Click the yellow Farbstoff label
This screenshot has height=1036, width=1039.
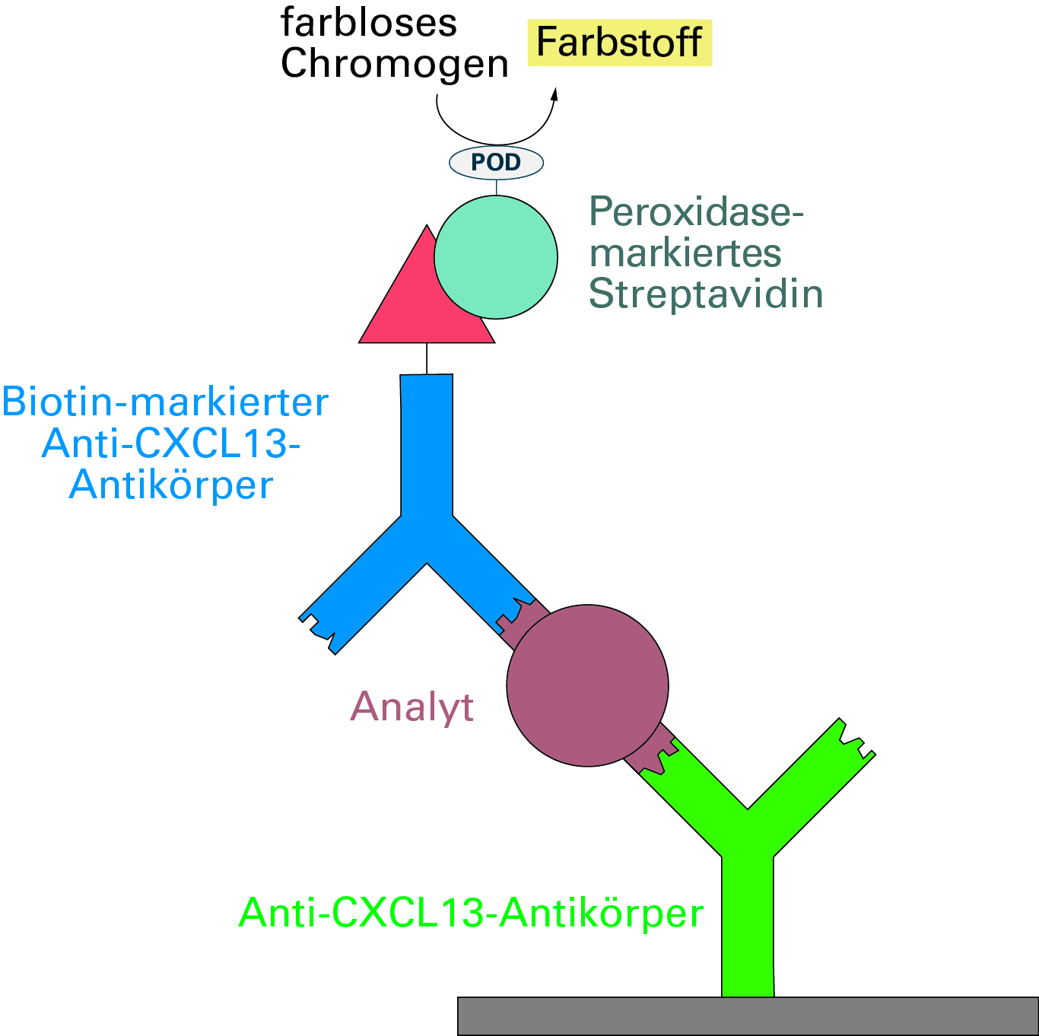pos(619,43)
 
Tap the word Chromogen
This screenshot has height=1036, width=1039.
pos(394,64)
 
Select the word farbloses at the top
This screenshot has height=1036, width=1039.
pos(368,23)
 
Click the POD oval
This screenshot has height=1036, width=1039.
pos(496,162)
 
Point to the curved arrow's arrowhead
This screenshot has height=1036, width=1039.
pos(554,94)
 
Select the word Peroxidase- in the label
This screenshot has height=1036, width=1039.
pos(696,211)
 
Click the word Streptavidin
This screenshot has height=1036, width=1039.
pos(706,294)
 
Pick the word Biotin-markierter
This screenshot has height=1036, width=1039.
pos(165,402)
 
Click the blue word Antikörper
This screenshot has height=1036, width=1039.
pos(171,485)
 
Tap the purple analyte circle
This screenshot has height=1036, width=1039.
pos(587,685)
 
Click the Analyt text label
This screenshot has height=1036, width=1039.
pos(411,707)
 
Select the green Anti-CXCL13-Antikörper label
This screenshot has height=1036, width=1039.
pos(471,913)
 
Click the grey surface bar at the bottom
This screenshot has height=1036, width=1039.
pos(748,1015)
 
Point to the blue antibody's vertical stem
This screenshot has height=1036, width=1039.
pos(427,445)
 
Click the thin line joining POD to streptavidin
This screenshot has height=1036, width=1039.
pos(497,187)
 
